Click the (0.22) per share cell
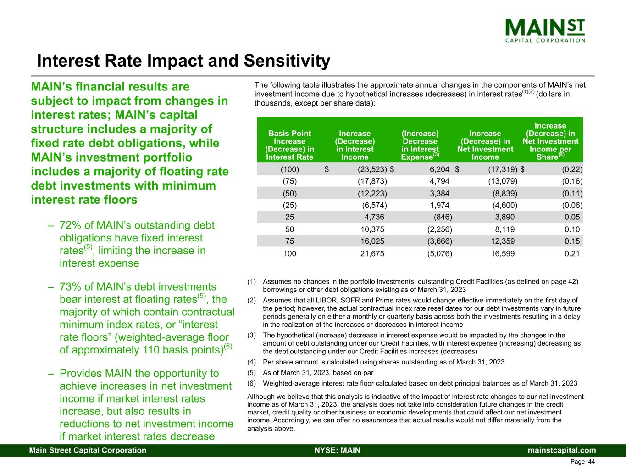click(572, 169)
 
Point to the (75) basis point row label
click(289, 181)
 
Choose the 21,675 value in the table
click(372, 253)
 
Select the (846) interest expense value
click(443, 217)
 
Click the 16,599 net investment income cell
click(503, 253)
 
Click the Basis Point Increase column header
click(289, 145)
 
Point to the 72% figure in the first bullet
click(71, 225)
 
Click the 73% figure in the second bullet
click(71, 287)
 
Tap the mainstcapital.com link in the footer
click(562, 450)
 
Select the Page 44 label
click(582, 462)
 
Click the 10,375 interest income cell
click(372, 229)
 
